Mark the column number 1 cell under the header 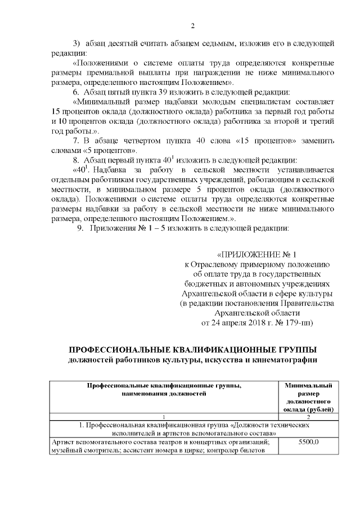pos(164,416)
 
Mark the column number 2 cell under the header pos(308,416)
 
